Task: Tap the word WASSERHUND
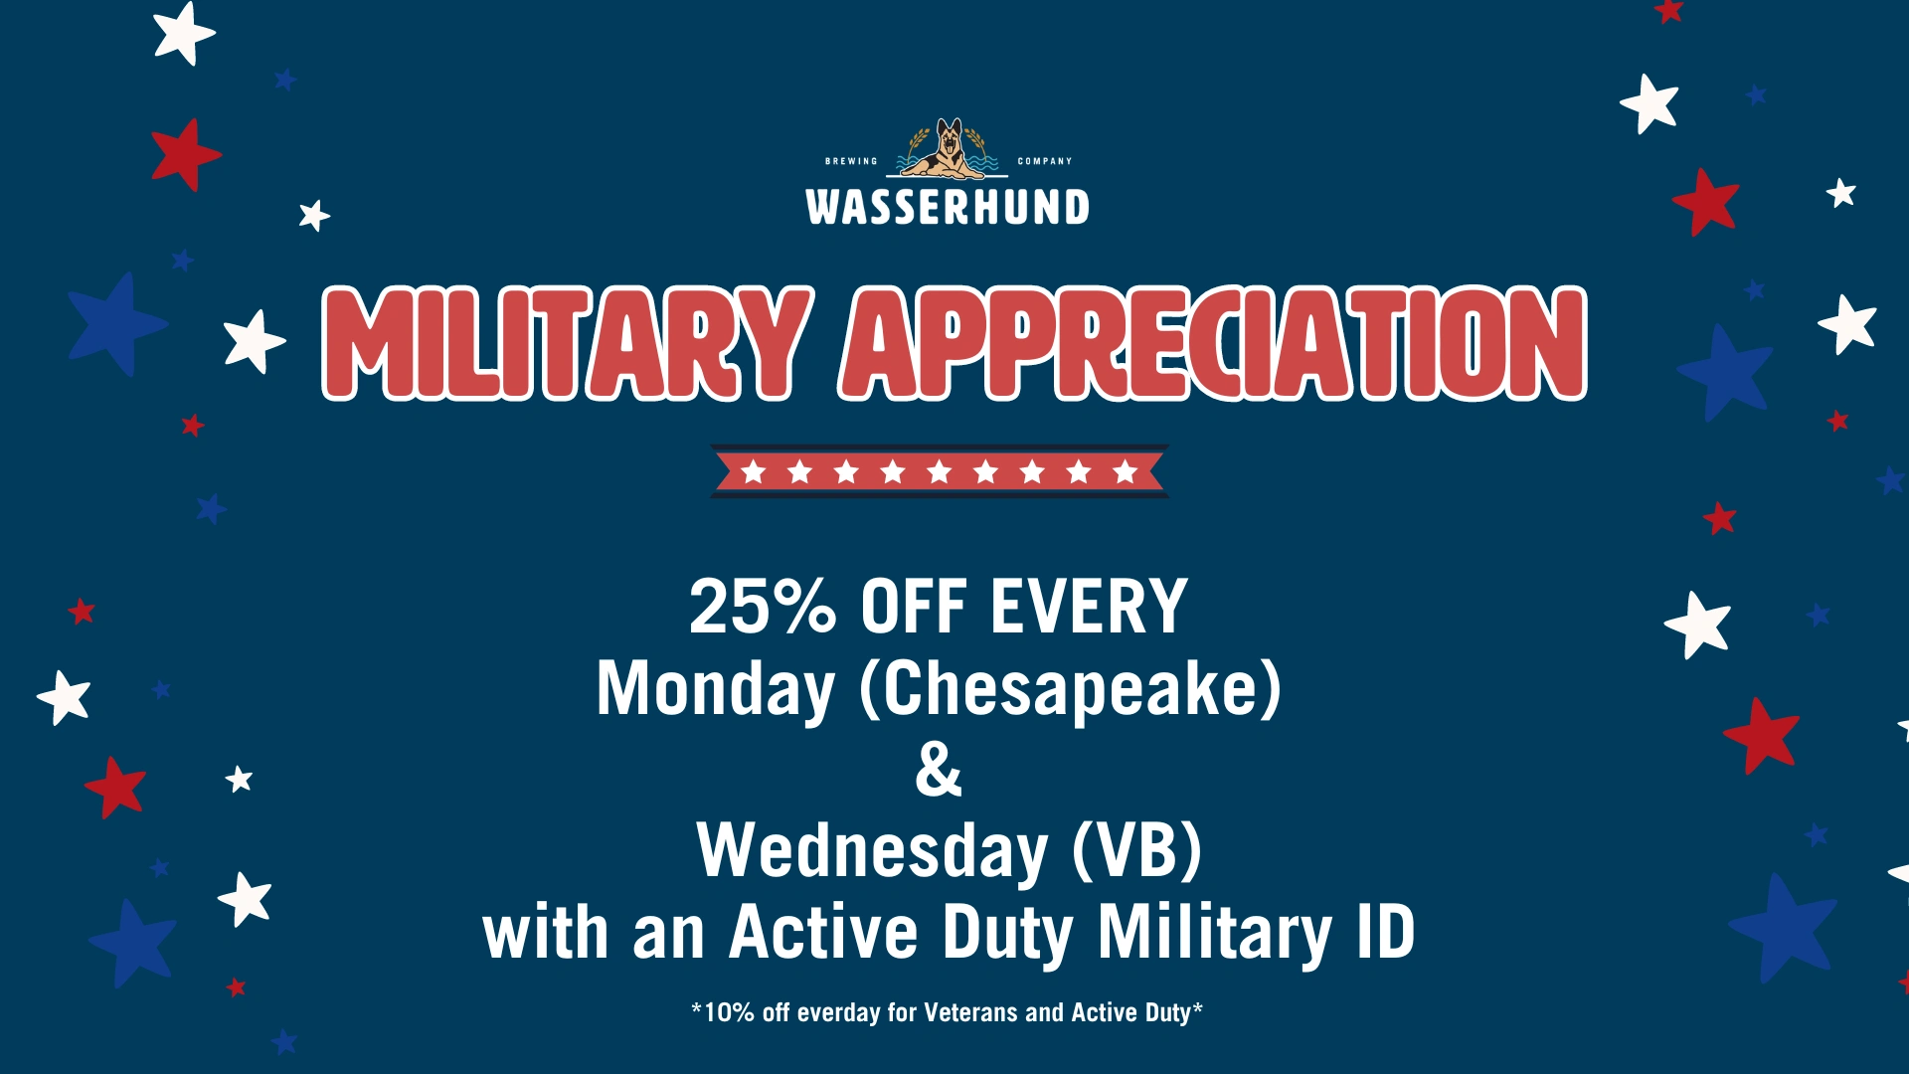(x=948, y=207)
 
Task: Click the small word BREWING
(x=852, y=161)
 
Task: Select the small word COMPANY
(x=1045, y=161)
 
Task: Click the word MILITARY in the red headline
(x=568, y=343)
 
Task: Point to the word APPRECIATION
(x=1213, y=343)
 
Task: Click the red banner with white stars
(x=940, y=471)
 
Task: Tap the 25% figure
(x=763, y=606)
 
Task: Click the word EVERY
(x=1089, y=606)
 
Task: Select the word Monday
(x=716, y=690)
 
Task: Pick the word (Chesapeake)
(x=1070, y=688)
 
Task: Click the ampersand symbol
(x=939, y=769)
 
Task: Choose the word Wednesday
(x=872, y=852)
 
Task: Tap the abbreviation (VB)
(x=1137, y=850)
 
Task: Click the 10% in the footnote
(x=730, y=1012)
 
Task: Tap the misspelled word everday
(x=838, y=1013)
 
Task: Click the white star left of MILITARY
(x=254, y=341)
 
